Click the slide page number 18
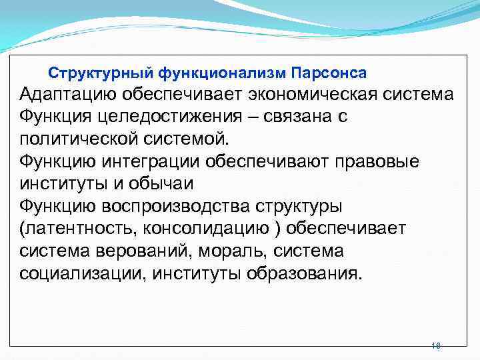(x=436, y=346)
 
